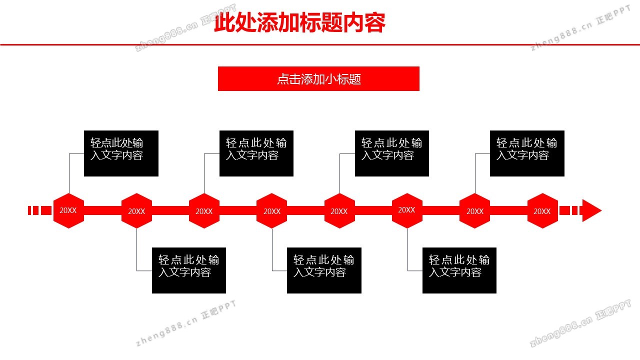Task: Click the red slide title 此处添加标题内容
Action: click(x=299, y=23)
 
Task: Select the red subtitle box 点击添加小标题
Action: click(x=318, y=79)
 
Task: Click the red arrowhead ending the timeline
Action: click(x=591, y=211)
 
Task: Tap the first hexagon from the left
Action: click(x=68, y=211)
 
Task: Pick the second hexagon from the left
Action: click(x=136, y=211)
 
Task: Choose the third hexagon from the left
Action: click(x=204, y=211)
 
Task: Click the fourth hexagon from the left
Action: click(x=272, y=211)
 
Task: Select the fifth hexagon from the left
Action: click(x=339, y=211)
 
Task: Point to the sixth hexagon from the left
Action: click(x=407, y=211)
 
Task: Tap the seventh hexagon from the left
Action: click(x=475, y=211)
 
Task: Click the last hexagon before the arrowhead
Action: click(x=542, y=211)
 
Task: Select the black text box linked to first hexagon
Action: click(x=121, y=153)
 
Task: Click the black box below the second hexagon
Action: click(x=189, y=270)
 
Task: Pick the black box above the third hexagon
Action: click(x=256, y=153)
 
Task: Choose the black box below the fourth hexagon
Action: click(x=324, y=270)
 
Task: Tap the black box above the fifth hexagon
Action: click(x=392, y=153)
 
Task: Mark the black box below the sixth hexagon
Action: click(x=459, y=270)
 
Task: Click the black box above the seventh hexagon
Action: click(x=527, y=153)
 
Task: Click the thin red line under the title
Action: click(x=320, y=44)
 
